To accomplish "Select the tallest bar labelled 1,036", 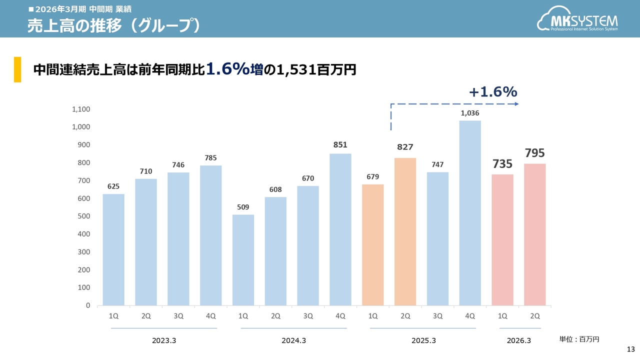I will [470, 212].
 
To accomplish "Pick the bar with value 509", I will [243, 260].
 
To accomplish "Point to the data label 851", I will [340, 145].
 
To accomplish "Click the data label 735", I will [502, 163].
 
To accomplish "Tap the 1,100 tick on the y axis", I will [81, 109].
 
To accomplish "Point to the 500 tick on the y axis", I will [84, 216].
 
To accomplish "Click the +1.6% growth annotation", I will [492, 91].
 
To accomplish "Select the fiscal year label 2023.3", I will [164, 340].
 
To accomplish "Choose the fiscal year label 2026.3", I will [519, 340].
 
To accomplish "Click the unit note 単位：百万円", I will [579, 339].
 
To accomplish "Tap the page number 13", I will [630, 349].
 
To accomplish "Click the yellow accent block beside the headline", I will [17, 69].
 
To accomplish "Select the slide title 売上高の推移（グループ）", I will [114, 25].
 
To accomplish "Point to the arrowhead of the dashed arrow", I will [516, 104].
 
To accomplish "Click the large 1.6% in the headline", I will [228, 69].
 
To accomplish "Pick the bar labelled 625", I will [113, 249].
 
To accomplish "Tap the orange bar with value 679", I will [373, 244].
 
